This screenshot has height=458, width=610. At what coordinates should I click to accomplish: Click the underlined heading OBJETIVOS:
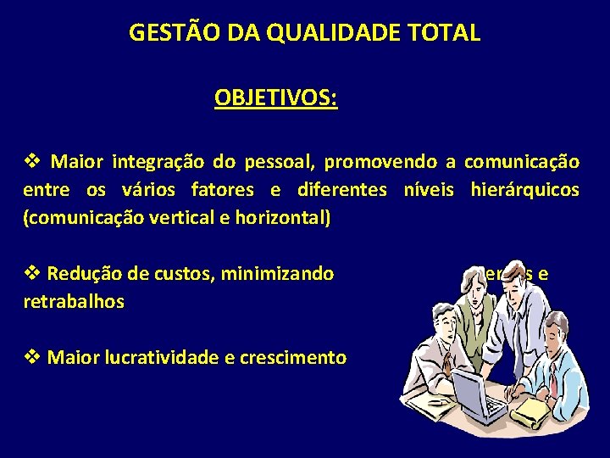tap(275, 98)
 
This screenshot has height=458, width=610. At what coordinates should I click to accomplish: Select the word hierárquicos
tap(525, 189)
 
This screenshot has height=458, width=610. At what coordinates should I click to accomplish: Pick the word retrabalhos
tap(74, 301)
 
